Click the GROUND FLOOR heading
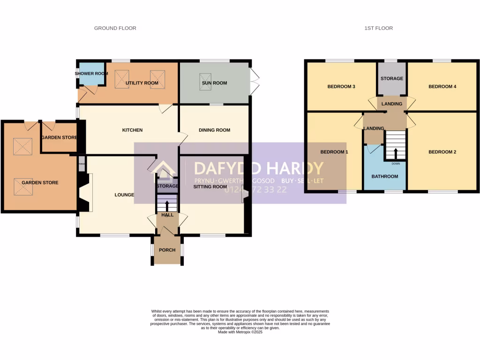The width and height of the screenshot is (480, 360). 115,28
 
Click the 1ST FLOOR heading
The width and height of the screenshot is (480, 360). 378,28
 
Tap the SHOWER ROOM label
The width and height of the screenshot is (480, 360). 91,74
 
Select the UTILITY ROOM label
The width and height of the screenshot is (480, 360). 142,83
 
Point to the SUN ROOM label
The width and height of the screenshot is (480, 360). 214,83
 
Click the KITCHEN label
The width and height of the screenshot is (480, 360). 132,130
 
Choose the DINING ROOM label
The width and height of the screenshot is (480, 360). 214,130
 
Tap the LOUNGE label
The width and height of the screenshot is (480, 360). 125,195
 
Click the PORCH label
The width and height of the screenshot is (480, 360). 167,250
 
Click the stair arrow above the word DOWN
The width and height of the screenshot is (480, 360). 395,154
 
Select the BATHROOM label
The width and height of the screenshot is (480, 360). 385,177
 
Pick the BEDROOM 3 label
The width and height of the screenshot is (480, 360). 341,86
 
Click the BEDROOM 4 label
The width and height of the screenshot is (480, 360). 442,86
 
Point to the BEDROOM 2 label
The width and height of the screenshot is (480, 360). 442,152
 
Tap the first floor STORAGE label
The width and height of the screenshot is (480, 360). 392,78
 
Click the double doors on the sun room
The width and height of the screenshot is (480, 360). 255,81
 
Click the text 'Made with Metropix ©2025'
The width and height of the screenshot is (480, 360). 240,332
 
